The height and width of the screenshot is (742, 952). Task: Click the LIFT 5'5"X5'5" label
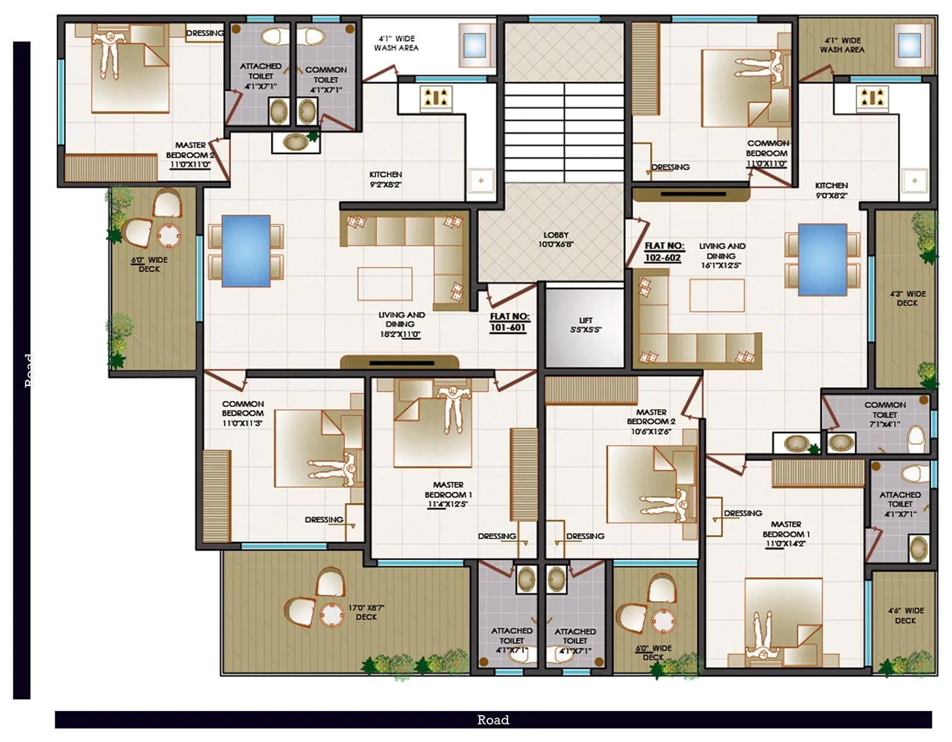[x=585, y=324]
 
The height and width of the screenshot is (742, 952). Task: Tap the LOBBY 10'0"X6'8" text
[x=556, y=239]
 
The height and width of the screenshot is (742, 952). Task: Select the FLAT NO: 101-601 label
[x=509, y=322]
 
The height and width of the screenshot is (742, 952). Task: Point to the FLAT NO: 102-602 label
[x=663, y=251]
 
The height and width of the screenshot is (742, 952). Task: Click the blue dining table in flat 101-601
[x=246, y=251]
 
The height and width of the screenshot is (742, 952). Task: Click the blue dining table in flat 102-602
[x=822, y=259]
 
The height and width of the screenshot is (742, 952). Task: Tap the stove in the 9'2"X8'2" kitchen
[x=436, y=98]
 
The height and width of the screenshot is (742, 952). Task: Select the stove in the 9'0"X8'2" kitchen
[x=872, y=98]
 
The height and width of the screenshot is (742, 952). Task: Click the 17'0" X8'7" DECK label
[x=366, y=612]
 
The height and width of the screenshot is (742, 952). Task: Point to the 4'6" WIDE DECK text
[x=905, y=615]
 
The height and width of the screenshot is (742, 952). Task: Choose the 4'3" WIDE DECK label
[x=907, y=298]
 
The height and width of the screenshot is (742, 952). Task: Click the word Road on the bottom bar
[x=493, y=720]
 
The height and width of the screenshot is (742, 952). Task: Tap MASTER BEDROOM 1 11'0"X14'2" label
[x=786, y=534]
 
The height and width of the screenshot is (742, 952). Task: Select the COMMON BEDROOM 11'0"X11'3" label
[x=243, y=413]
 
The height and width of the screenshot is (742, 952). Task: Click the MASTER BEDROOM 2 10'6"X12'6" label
[x=651, y=421]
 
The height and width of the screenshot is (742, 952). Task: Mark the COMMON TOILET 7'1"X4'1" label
[x=885, y=414]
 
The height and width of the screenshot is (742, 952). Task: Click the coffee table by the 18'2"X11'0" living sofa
[x=384, y=284]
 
